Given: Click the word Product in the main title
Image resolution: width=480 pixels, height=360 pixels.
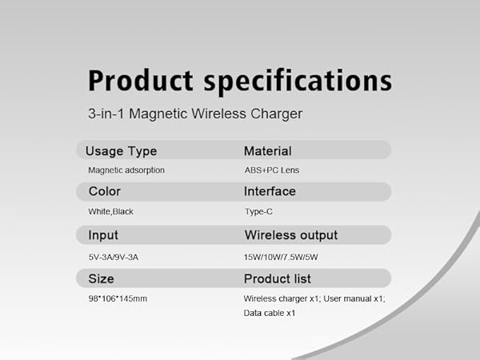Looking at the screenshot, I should point(141,81).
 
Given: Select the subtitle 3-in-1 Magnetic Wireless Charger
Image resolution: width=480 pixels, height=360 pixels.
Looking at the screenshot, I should point(195,114).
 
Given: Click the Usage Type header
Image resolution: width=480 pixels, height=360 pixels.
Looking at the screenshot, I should point(121,150).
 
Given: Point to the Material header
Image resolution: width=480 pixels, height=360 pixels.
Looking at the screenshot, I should point(267,150).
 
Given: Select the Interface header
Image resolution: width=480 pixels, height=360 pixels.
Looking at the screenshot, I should point(270,192).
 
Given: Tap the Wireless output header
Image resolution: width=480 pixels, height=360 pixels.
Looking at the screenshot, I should point(290,235).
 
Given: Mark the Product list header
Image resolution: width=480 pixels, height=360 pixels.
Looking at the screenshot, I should point(277,278).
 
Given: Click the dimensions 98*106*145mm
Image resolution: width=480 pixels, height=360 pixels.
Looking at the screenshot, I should point(118,298).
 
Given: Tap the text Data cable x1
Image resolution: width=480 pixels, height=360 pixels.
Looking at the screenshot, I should point(270,313).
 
